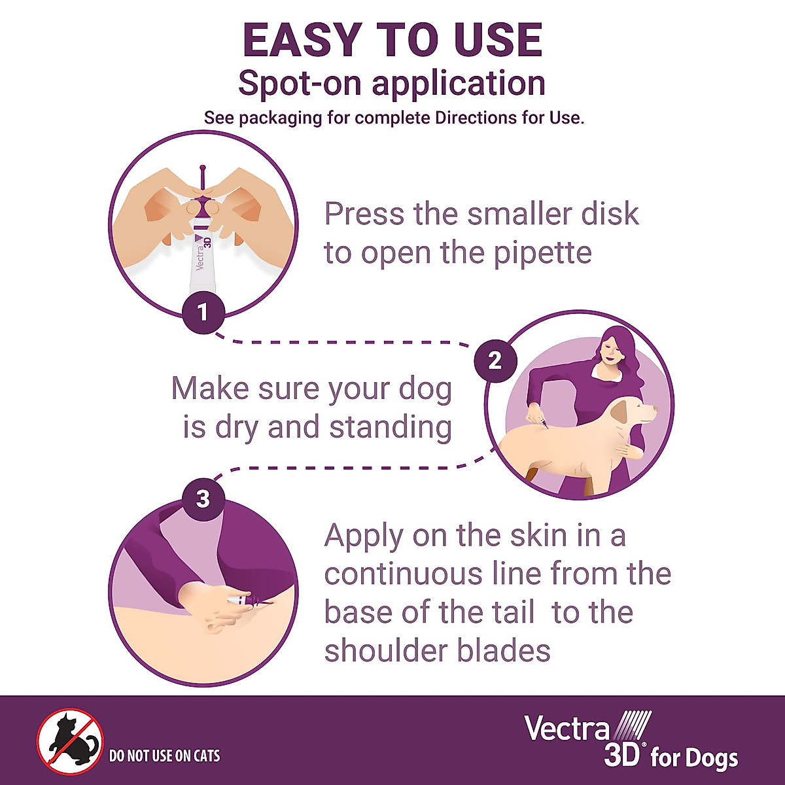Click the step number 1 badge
click(203, 312)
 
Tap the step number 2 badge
click(495, 360)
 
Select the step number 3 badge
click(203, 499)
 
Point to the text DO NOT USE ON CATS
click(164, 756)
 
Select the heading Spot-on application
click(391, 83)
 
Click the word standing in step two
click(390, 427)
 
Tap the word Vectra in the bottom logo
click(567, 728)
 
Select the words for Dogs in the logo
click(693, 759)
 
